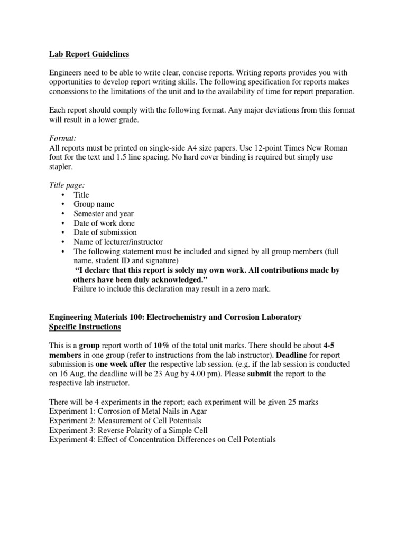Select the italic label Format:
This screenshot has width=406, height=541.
[x=64, y=138]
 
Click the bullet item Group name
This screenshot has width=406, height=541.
[x=94, y=204]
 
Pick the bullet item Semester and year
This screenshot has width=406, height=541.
[x=104, y=213]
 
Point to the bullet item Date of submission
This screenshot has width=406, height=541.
[x=105, y=232]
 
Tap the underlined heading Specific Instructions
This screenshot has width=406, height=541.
[x=85, y=327]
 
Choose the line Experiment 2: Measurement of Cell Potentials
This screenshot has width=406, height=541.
[x=125, y=421]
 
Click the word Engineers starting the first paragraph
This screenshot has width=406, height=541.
[x=67, y=72]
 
